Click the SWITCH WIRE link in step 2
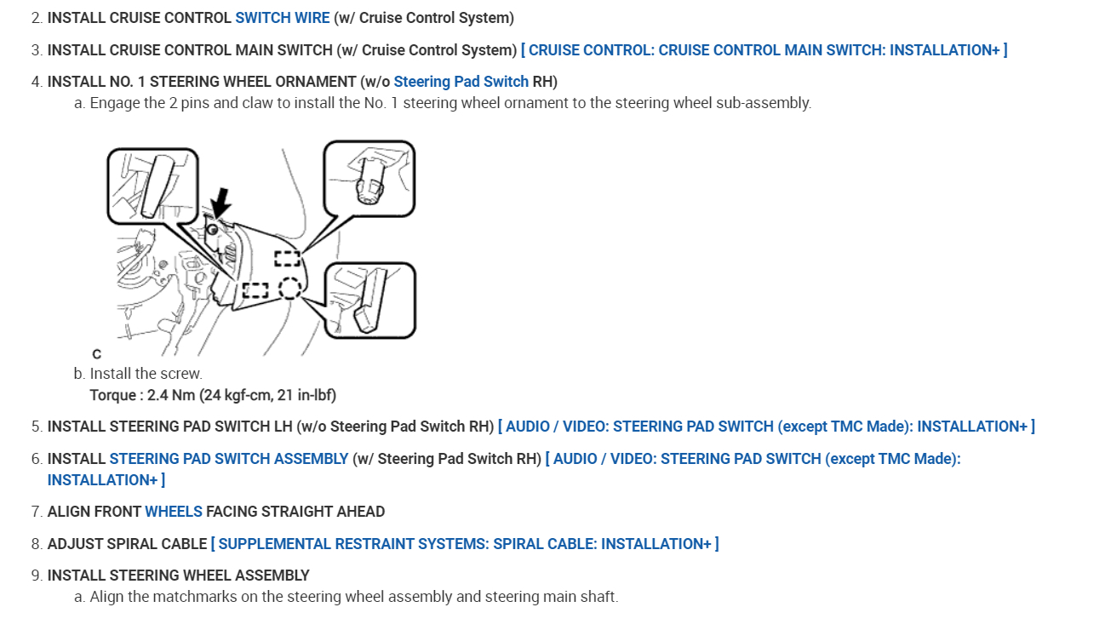pyautogui.click(x=282, y=18)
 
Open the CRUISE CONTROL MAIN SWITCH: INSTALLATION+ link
pyautogui.click(x=764, y=50)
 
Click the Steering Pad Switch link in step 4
pyautogui.click(x=461, y=82)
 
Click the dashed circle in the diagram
pyautogui.click(x=289, y=289)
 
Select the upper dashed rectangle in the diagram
pyautogui.click(x=287, y=258)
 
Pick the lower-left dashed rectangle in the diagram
pyautogui.click(x=255, y=290)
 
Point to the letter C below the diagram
pyautogui.click(x=96, y=353)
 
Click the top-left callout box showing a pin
pyautogui.click(x=152, y=186)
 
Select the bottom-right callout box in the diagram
pyautogui.click(x=369, y=300)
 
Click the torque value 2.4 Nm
pyautogui.click(x=169, y=395)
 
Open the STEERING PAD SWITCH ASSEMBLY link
pyautogui.click(x=228, y=459)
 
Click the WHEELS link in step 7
pyautogui.click(x=174, y=512)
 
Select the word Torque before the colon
pyautogui.click(x=112, y=395)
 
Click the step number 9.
pyautogui.click(x=36, y=576)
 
